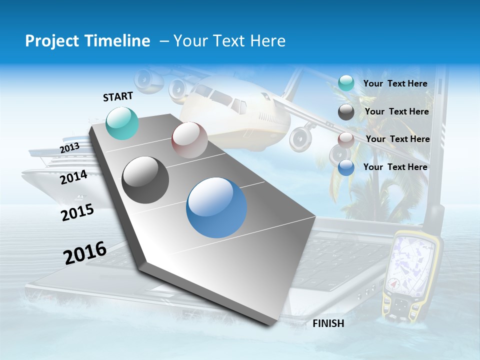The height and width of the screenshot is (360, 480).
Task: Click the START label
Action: pyautogui.click(x=118, y=96)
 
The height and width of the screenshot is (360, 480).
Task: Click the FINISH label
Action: pyautogui.click(x=328, y=323)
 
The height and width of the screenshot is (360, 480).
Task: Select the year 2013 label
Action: pyautogui.click(x=69, y=147)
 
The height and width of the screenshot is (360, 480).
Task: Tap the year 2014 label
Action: pyautogui.click(x=73, y=177)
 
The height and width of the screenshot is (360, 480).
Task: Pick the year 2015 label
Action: pyautogui.click(x=77, y=212)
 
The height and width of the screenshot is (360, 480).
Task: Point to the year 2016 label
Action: pyautogui.click(x=85, y=253)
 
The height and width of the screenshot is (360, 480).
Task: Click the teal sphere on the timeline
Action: pyautogui.click(x=122, y=123)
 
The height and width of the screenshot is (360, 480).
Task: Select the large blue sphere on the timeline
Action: pyautogui.click(x=216, y=207)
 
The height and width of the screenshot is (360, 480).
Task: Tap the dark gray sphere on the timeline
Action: pyautogui.click(x=145, y=179)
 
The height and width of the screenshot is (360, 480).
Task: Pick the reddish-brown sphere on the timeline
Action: pyautogui.click(x=189, y=139)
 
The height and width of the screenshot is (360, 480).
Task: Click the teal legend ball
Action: pyautogui.click(x=346, y=83)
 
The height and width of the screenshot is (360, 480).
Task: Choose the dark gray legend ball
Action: pyautogui.click(x=346, y=112)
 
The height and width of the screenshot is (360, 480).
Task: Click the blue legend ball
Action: pyautogui.click(x=346, y=167)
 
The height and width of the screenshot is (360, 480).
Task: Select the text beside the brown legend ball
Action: pyautogui.click(x=397, y=139)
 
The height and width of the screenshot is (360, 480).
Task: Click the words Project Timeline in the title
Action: pyautogui.click(x=87, y=41)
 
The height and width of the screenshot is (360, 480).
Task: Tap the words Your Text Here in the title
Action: pyautogui.click(x=229, y=41)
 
